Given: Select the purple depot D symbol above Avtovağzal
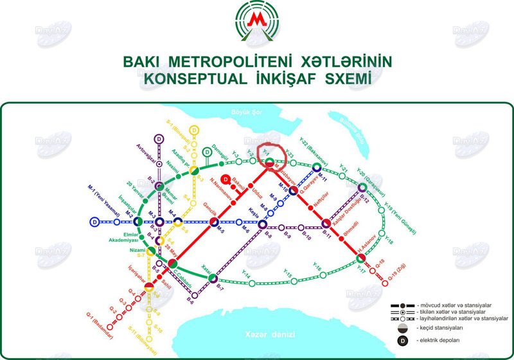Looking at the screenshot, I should [x=159, y=138].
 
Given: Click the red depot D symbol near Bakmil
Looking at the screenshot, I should [x=226, y=179].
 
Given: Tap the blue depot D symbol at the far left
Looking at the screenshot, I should [x=94, y=222].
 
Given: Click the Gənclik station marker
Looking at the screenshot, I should [x=214, y=222].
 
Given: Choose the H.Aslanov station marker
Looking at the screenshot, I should [x=360, y=258].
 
